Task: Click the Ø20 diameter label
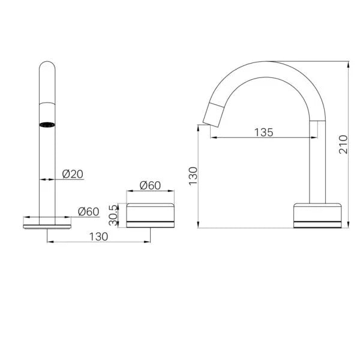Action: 72,174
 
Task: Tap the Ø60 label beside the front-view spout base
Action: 88,211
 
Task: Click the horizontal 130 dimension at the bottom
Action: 98,236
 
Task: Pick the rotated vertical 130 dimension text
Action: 193,177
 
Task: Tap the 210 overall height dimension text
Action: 343,144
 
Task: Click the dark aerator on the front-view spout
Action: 47,125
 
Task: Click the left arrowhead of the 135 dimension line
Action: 212,138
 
